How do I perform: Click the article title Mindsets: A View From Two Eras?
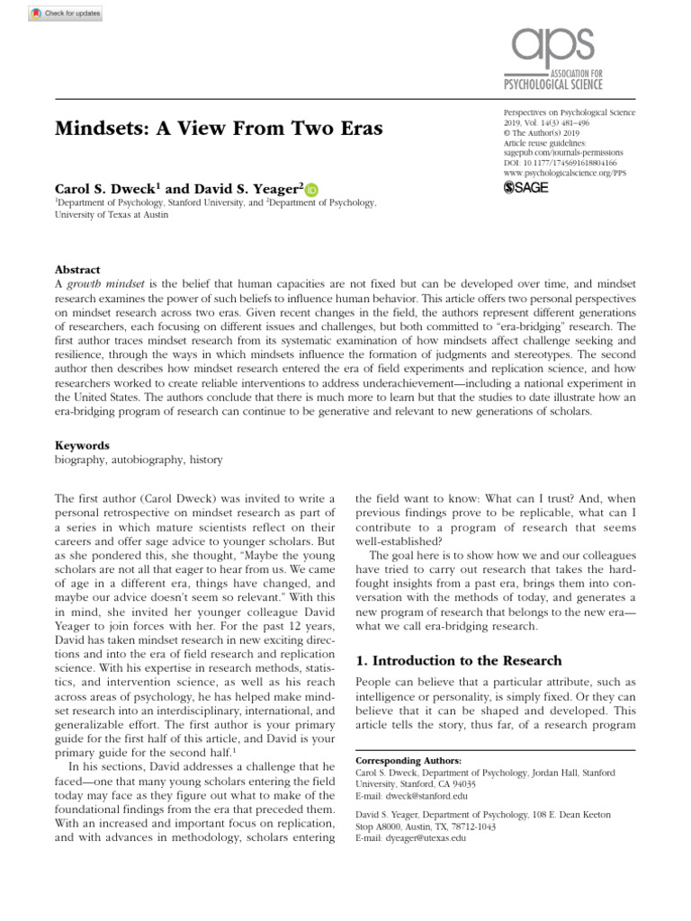pyautogui.click(x=220, y=128)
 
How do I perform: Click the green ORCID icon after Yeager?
pyautogui.click(x=311, y=190)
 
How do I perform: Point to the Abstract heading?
pyautogui.click(x=76, y=269)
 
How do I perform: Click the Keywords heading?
pyautogui.click(x=82, y=445)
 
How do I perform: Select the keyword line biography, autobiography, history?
pyautogui.click(x=139, y=460)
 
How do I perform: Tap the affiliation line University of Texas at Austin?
pyautogui.click(x=110, y=216)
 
